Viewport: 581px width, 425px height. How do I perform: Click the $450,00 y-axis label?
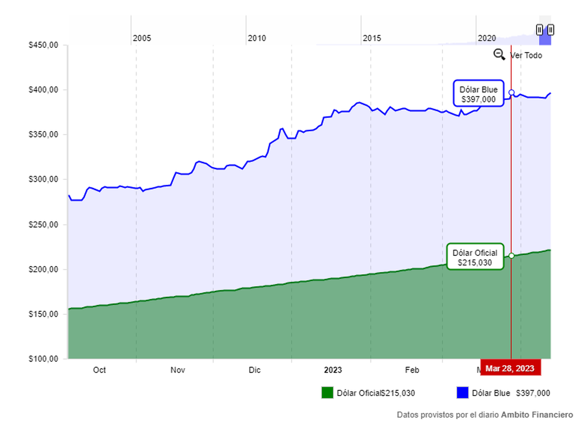44,45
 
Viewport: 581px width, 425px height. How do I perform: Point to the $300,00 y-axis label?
44,179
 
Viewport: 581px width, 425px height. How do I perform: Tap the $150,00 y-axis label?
44,314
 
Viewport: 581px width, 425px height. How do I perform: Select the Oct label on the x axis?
99,370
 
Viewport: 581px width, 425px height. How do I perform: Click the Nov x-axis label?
178,370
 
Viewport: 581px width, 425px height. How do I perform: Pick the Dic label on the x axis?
255,370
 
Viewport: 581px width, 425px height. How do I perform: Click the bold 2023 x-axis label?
333,370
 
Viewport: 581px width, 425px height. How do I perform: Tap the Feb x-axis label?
412,370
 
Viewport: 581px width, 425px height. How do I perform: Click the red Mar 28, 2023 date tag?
510,368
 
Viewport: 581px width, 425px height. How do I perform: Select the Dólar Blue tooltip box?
478,93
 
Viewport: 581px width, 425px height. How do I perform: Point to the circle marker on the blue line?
511,92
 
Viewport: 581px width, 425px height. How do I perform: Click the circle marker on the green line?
511,255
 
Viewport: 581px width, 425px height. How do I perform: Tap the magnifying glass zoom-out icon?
499,55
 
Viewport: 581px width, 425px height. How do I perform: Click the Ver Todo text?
526,56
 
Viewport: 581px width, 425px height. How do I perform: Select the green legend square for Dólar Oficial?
327,393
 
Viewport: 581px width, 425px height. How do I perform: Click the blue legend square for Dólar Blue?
462,393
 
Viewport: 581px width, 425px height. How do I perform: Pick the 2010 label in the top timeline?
257,38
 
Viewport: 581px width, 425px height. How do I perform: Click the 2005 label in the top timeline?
142,38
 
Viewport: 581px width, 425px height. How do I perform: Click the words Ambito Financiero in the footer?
537,415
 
